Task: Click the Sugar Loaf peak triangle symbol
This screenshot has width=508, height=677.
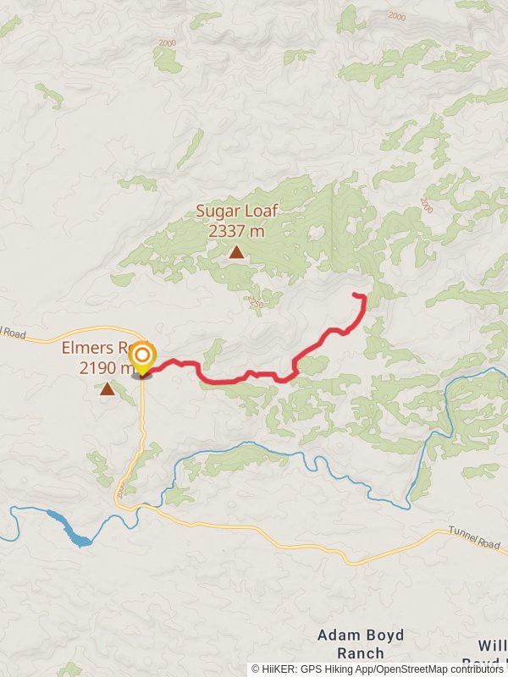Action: tap(236, 251)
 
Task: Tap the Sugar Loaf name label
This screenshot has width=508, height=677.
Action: tap(237, 212)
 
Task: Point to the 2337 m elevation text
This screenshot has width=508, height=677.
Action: tap(237, 229)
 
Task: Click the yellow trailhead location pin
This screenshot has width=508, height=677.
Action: tap(142, 358)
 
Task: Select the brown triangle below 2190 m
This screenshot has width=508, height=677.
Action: tap(107, 389)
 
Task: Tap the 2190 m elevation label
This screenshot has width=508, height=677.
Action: tap(105, 367)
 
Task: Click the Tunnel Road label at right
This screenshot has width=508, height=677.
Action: tap(475, 542)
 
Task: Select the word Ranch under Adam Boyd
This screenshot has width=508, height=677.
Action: tap(360, 653)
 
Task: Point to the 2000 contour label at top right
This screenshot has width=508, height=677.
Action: tap(396, 16)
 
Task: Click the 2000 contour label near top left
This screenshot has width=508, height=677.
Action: tap(167, 42)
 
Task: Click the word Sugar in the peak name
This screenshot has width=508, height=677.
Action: tap(215, 212)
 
